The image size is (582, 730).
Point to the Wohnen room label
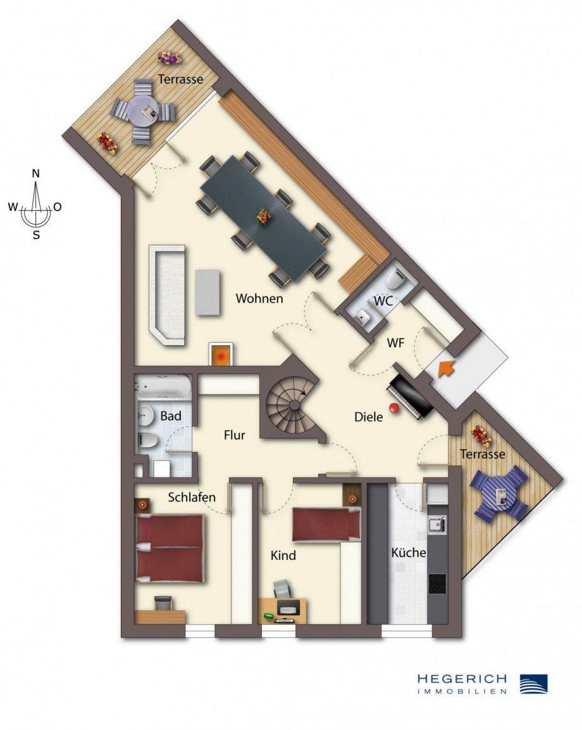click(x=259, y=299)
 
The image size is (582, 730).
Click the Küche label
click(x=408, y=552)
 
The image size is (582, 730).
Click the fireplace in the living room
click(x=221, y=354)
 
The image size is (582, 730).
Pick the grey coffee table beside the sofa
click(x=207, y=292)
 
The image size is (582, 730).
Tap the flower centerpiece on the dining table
click(x=264, y=217)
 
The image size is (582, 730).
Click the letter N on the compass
click(x=37, y=174)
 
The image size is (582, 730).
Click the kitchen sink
click(x=436, y=524)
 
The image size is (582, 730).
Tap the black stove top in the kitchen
click(x=437, y=583)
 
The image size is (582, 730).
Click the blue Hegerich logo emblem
click(x=533, y=683)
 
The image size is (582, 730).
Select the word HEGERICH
click(x=462, y=679)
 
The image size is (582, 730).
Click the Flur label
click(x=234, y=435)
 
